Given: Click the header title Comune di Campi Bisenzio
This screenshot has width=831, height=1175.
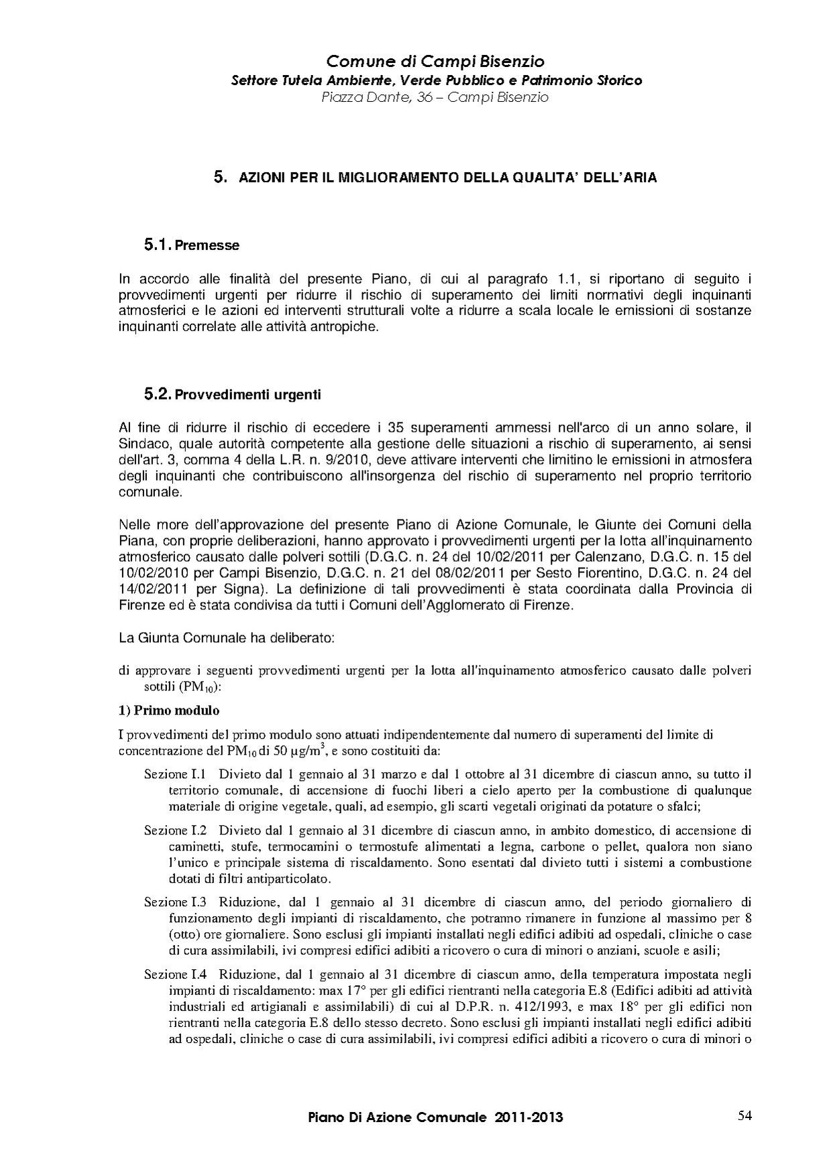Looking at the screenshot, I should point(435,62).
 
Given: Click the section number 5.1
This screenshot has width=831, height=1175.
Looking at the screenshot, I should point(158,245).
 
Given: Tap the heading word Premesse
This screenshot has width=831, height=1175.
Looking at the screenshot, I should point(207,246).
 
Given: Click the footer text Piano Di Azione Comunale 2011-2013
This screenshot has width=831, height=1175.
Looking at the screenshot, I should point(435,1117).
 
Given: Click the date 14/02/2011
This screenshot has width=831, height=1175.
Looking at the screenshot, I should point(154,589).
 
